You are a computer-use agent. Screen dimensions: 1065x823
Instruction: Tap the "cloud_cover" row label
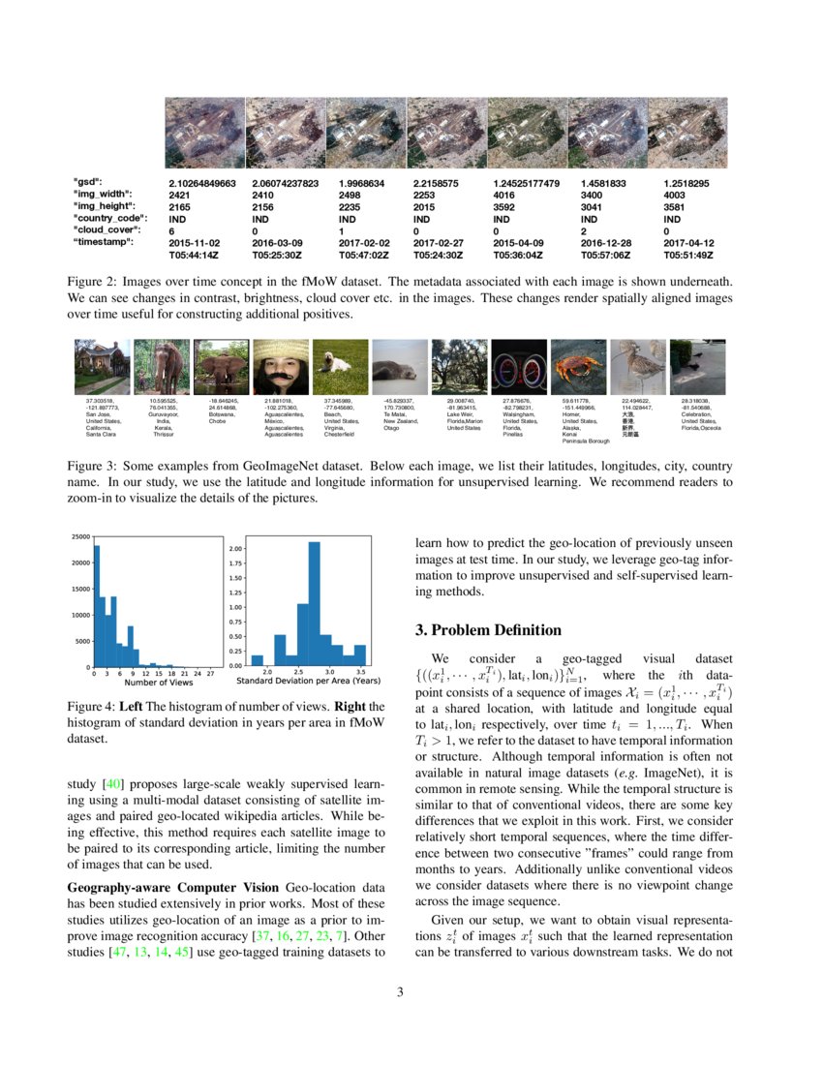coord(107,230)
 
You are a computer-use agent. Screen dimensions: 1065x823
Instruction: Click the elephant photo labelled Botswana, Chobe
coord(221,366)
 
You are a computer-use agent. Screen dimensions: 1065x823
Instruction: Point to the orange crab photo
coord(578,366)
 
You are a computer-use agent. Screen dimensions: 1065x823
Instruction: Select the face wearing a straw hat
coord(281,366)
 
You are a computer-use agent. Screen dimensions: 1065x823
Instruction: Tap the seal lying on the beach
coord(400,366)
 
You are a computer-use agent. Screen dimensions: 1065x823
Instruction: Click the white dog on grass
coord(340,366)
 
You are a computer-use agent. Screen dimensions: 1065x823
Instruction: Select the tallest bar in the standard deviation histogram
coord(314,603)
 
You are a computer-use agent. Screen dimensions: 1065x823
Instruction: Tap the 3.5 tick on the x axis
coord(360,672)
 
